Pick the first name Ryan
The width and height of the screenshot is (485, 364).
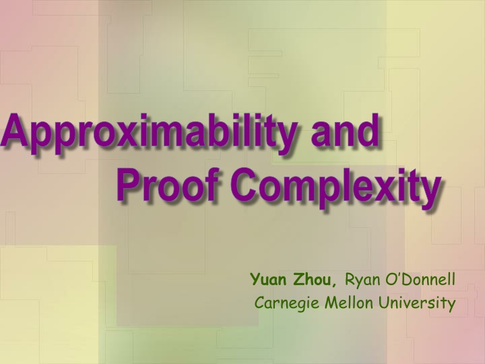click(x=361, y=279)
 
